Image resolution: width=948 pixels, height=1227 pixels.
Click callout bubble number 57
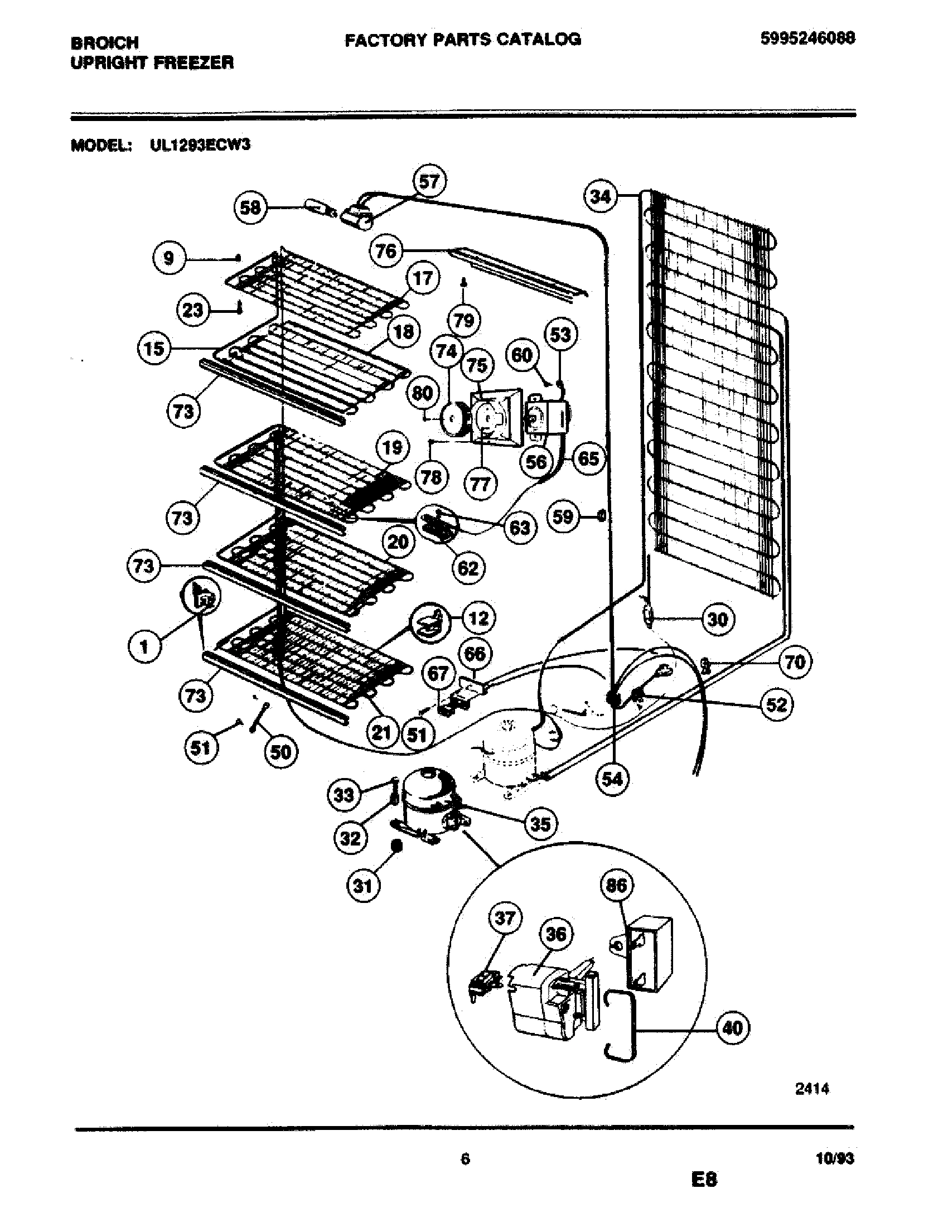[429, 182]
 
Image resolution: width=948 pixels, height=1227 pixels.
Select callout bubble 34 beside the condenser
[601, 197]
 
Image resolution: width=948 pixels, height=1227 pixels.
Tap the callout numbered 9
[169, 258]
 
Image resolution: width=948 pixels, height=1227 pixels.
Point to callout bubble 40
[733, 1028]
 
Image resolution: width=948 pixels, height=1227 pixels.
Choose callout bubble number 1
[144, 648]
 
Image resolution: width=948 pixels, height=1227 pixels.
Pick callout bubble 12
[478, 619]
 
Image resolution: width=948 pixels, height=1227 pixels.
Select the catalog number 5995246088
[807, 38]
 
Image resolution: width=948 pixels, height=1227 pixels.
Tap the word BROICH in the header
[104, 43]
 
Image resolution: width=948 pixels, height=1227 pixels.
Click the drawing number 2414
[811, 1088]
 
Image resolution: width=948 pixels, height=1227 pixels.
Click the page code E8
[704, 1178]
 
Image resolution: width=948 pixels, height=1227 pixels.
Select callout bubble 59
[563, 516]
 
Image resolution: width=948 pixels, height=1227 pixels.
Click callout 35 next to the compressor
[540, 824]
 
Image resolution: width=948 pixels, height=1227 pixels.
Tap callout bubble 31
[363, 886]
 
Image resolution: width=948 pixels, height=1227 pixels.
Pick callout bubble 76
[386, 250]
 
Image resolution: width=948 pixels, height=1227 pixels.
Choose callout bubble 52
[776, 704]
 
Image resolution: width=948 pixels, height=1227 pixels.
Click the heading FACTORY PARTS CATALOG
[462, 39]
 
